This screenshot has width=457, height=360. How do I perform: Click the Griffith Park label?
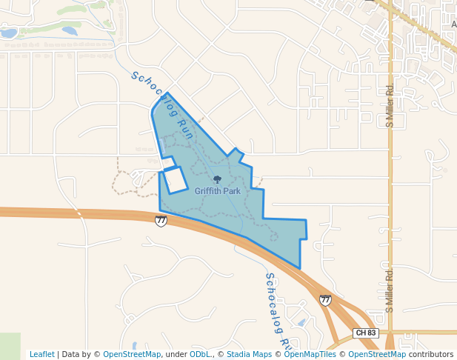pos(217,191)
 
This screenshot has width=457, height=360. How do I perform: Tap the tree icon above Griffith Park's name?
pos(217,179)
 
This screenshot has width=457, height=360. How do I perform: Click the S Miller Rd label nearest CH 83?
pos(388,289)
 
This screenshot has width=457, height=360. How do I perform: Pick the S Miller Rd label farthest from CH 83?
pos(389,105)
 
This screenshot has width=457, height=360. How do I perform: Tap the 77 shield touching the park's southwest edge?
pos(161,221)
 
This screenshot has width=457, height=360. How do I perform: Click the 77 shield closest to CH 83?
pos(325,300)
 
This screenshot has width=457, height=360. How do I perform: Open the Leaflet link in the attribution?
pos(42,354)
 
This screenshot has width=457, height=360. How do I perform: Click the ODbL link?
pos(199,354)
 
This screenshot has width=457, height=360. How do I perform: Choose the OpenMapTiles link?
pos(305,354)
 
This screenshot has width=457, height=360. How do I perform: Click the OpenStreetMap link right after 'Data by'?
pos(132,354)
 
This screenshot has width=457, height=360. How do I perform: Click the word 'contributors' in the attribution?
pos(431,354)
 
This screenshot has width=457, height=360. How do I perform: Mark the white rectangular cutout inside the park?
pos(175,180)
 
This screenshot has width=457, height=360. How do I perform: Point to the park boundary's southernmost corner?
pos(299,268)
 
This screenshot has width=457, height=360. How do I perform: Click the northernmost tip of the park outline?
pos(167,93)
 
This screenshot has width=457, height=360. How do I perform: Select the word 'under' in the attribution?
pos(176,354)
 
